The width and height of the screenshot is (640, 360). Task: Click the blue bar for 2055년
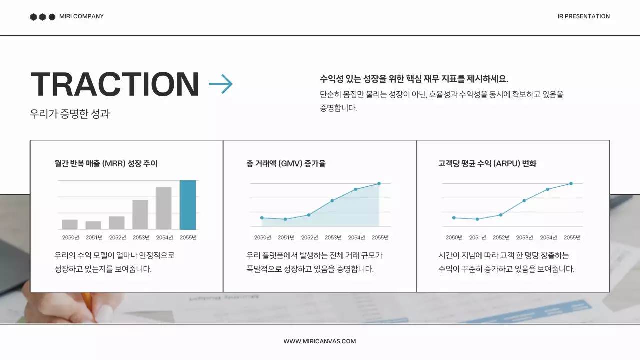point(188,205)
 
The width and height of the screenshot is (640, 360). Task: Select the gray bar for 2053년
point(140,215)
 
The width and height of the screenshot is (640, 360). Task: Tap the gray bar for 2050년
point(70,224)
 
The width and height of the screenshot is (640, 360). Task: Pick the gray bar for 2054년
point(164,208)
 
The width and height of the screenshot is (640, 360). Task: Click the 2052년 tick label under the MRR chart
point(117,237)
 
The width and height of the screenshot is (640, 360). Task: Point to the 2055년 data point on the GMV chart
point(379,183)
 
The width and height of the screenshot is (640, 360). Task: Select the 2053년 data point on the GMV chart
point(332,201)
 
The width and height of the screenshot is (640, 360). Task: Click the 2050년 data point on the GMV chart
point(262,218)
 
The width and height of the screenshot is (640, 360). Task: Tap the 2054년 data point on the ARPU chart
point(548,189)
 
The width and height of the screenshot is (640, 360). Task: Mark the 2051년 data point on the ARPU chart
point(477,219)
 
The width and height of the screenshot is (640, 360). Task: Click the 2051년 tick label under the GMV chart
point(286,237)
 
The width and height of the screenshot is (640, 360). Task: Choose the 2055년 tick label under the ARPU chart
point(572,237)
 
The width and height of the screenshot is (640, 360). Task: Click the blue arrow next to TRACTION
point(220,84)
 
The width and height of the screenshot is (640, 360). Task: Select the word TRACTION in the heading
point(115,84)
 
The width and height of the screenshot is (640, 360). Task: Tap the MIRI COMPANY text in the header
point(81,16)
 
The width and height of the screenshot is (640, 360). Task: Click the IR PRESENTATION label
point(583,16)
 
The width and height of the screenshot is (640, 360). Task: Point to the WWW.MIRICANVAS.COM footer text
point(320,341)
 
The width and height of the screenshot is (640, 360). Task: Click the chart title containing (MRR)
point(106,163)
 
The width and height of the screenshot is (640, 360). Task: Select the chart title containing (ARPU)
point(487,163)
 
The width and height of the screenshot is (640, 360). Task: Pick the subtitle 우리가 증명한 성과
point(70,114)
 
